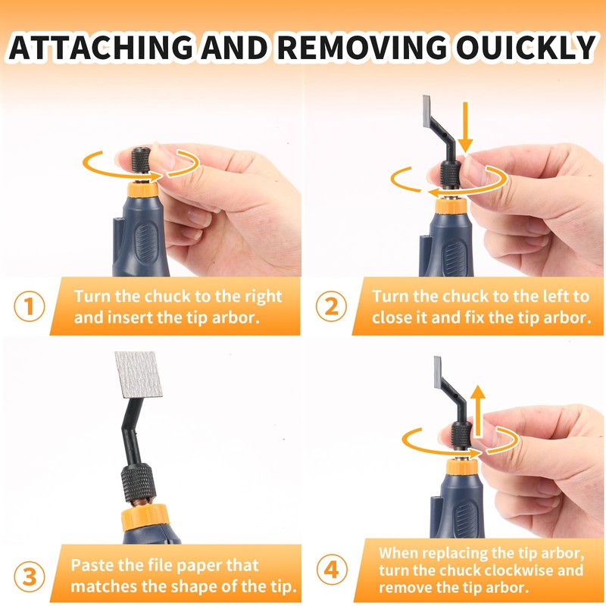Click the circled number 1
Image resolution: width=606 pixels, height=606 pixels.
[x=30, y=306]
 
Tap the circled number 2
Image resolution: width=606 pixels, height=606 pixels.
[x=331, y=306]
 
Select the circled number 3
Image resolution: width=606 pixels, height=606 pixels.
[x=30, y=576]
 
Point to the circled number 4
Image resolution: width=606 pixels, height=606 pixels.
[x=332, y=570]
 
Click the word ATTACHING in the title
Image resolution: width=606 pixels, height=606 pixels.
[x=101, y=47]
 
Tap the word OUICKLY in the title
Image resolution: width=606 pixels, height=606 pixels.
[x=526, y=47]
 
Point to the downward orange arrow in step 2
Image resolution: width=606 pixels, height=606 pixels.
[x=466, y=127]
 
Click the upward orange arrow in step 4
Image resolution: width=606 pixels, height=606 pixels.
[x=479, y=411]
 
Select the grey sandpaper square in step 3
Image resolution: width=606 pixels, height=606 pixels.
[x=139, y=374]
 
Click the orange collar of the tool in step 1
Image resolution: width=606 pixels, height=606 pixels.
[x=142, y=189]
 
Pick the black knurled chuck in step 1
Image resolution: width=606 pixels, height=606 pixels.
[x=141, y=160]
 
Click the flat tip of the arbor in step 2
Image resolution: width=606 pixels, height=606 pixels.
[x=427, y=111]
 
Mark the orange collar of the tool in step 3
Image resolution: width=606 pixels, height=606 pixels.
[x=145, y=517]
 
